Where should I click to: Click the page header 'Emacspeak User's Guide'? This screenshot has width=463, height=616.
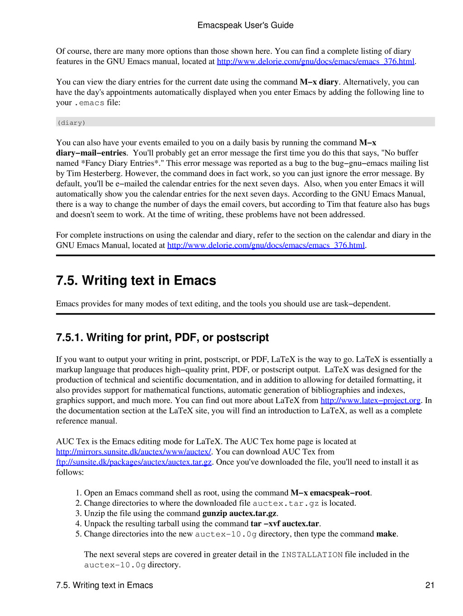[x=245, y=25]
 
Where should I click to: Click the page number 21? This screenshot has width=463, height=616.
[x=430, y=585]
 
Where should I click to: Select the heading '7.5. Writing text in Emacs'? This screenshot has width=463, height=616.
[x=136, y=281]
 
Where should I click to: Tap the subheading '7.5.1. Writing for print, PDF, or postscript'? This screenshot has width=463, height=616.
[x=162, y=338]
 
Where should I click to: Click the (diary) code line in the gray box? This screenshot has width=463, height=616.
[x=71, y=122]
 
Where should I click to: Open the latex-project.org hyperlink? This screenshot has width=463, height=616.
[x=370, y=400]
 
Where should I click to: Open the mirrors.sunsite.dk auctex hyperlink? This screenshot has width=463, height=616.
[x=133, y=451]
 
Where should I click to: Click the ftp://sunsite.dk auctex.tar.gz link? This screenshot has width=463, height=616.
[x=133, y=462]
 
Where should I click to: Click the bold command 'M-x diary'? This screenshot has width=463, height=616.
[x=319, y=82]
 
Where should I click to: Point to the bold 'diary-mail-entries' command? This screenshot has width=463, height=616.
[x=91, y=153]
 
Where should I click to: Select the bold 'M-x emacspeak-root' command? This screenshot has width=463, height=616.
[x=330, y=493]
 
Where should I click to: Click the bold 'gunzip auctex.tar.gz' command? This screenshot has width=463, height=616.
[x=239, y=513]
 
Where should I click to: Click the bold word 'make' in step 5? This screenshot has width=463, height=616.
[x=386, y=534]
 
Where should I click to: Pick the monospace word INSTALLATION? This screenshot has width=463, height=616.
[x=312, y=555]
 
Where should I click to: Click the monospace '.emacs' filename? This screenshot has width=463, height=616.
[x=89, y=103]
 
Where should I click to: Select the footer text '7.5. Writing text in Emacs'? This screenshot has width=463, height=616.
[x=104, y=585]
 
